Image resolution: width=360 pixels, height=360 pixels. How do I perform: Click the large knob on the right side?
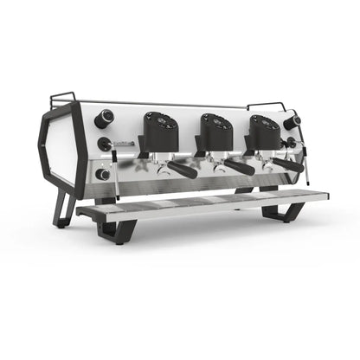pos(292,122)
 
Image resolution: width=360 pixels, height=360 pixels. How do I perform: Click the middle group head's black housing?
pos(215,132)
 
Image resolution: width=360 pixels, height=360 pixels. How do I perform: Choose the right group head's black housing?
pos(263,132)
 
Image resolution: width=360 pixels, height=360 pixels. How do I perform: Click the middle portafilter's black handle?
pos(238,167)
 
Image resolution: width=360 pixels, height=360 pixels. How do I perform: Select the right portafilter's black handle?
pos(288,164)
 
